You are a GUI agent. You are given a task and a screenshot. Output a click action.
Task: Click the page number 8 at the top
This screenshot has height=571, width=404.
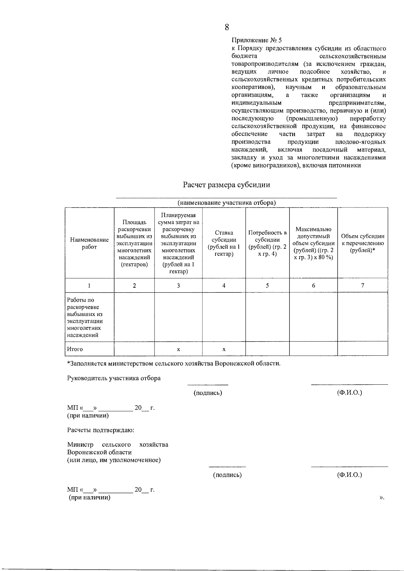point(227,27)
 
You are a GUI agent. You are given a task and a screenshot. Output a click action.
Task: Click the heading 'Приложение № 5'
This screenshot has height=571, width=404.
point(257,40)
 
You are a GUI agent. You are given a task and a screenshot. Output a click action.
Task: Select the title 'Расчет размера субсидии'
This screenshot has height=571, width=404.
point(226,185)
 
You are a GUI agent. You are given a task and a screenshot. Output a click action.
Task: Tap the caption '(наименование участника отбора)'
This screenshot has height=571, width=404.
point(227,202)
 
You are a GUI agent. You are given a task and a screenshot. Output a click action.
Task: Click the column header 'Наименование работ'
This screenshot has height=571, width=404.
point(89,243)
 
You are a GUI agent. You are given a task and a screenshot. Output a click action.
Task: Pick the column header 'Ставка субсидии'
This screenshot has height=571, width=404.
point(224,243)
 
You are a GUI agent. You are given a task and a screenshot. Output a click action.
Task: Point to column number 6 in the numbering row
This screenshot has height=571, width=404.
point(313,285)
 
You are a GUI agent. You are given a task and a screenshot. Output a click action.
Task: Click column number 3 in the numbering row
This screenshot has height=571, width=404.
point(178,285)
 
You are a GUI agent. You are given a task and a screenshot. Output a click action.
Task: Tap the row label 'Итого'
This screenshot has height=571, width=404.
point(75,349)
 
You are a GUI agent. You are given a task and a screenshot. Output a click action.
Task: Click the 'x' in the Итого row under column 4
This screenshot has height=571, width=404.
point(224,349)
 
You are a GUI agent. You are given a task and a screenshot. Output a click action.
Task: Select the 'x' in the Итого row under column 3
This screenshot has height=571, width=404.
point(178,349)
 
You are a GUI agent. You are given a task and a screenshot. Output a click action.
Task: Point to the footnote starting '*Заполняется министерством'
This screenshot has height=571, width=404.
point(174,363)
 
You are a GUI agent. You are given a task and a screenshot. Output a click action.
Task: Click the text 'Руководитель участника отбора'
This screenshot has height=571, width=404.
point(114,378)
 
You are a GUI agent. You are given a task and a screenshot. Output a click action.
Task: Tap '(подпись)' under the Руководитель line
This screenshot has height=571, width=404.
point(208,393)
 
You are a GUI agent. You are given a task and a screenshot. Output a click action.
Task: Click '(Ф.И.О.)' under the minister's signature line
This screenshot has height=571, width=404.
point(349,475)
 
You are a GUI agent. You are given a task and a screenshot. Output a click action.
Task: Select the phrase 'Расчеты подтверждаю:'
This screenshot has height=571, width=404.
point(101,430)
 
